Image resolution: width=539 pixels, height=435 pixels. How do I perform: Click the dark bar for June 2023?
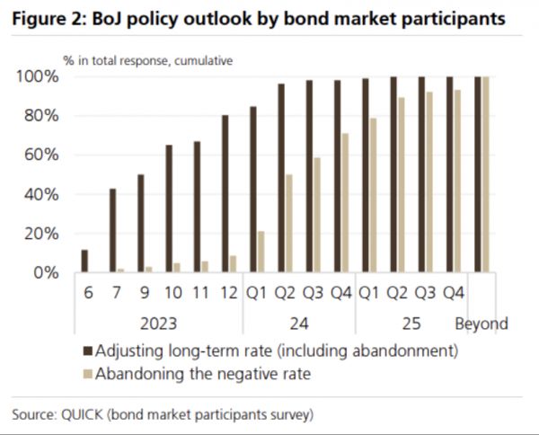84,261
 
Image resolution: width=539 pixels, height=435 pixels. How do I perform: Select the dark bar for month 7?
112,230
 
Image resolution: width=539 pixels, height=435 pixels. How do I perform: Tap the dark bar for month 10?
168,209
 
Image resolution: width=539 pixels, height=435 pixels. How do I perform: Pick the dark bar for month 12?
225,193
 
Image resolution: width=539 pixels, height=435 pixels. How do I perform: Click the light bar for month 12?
233,263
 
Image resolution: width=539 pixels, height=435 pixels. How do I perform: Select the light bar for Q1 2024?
261,252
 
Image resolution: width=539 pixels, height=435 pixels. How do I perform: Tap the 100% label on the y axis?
38,76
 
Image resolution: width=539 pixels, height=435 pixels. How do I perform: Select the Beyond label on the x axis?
482,324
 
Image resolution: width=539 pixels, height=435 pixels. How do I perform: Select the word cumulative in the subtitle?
199,60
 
